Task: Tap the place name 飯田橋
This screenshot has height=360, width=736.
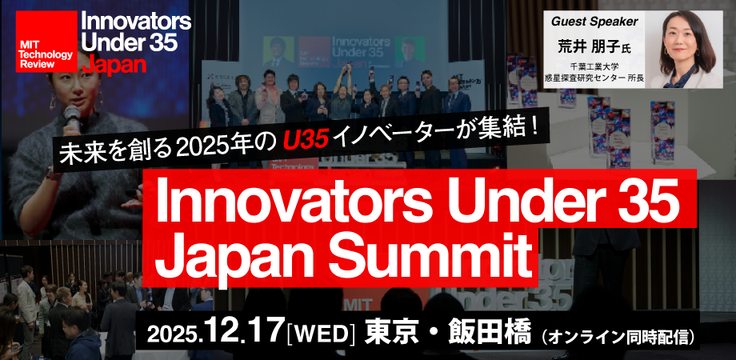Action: point(487,329)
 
